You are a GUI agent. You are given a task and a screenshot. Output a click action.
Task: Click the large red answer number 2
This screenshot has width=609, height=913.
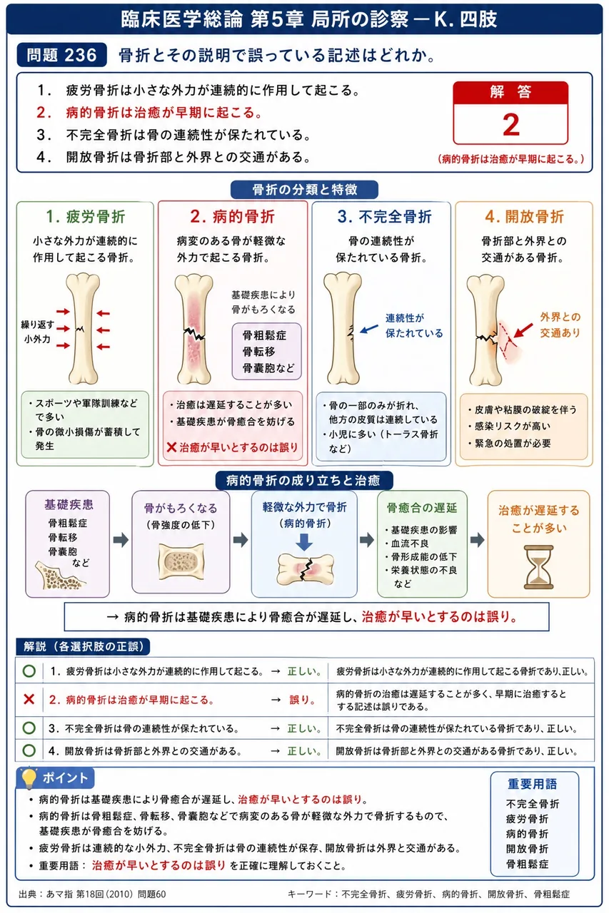510,124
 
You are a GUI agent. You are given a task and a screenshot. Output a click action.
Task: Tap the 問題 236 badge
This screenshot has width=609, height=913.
61,55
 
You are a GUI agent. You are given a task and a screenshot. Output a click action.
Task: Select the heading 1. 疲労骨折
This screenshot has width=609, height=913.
85,216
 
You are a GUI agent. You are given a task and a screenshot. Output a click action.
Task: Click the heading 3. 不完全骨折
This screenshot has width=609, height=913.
384,216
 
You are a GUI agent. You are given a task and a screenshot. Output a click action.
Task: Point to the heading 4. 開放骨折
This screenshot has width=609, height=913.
524,216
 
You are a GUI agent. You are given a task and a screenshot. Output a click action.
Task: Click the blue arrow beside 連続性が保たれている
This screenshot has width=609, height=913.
369,329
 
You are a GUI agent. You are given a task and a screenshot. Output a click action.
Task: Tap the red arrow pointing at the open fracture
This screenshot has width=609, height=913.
523,330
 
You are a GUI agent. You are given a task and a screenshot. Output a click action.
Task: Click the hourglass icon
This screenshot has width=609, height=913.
538,567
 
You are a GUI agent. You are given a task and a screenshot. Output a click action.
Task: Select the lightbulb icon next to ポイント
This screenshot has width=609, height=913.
29,777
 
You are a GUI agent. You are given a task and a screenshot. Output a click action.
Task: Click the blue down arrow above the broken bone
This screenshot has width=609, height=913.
304,542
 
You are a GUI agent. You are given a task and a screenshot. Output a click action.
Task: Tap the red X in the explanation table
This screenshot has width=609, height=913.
29,700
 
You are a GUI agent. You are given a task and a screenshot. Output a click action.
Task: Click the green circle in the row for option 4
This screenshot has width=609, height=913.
29,750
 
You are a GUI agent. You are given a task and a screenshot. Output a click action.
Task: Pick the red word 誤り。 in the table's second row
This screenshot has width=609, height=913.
303,700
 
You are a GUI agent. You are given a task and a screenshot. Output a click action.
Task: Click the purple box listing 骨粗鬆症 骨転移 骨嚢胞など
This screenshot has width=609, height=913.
267,352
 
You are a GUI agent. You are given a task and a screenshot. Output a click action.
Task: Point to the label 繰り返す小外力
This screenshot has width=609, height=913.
37,332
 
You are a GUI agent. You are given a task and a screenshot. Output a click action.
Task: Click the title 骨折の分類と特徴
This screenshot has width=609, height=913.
304,190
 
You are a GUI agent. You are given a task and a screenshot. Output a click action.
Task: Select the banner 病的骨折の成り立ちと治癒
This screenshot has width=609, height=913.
304,481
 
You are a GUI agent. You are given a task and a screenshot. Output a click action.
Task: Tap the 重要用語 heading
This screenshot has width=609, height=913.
533,784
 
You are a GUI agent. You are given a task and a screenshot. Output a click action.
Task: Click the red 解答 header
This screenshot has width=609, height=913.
510,93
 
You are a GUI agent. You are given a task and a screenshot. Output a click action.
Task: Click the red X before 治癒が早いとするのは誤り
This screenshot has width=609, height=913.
172,447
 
